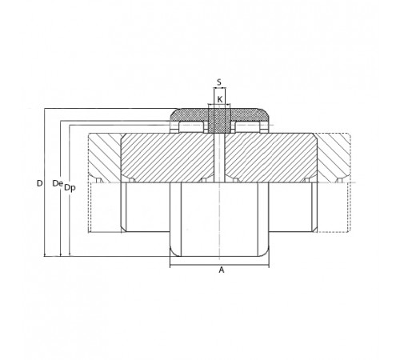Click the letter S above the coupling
point(219,82)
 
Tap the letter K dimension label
point(220,100)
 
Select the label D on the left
point(39,183)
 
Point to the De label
point(58,183)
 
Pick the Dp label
point(70,188)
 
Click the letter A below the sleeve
point(222,270)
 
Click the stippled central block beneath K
point(219,121)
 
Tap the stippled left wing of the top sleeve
point(189,115)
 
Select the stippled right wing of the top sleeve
point(250,115)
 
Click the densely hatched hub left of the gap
point(167,158)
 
